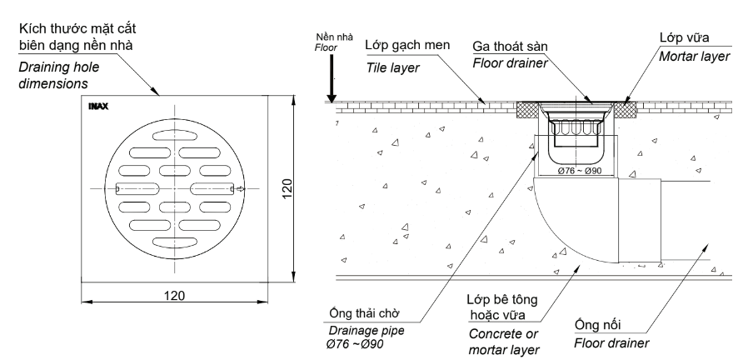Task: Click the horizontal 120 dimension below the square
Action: (x=175, y=295)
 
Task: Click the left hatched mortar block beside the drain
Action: (x=526, y=109)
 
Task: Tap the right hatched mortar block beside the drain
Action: (x=627, y=109)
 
